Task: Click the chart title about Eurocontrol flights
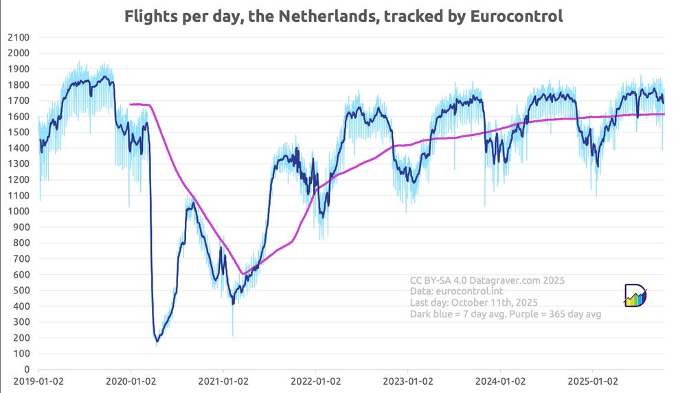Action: (x=343, y=16)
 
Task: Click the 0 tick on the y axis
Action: (x=25, y=369)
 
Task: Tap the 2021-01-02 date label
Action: (x=223, y=380)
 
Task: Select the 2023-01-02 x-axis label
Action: (x=408, y=380)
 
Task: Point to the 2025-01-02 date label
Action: (x=593, y=380)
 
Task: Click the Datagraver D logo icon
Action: (x=635, y=295)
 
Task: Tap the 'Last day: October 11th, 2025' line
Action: (x=473, y=302)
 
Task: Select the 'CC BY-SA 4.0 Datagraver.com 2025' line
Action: (x=487, y=280)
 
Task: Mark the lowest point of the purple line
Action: (x=243, y=273)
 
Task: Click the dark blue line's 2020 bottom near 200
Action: (x=157, y=340)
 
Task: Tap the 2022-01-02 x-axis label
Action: (x=315, y=380)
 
